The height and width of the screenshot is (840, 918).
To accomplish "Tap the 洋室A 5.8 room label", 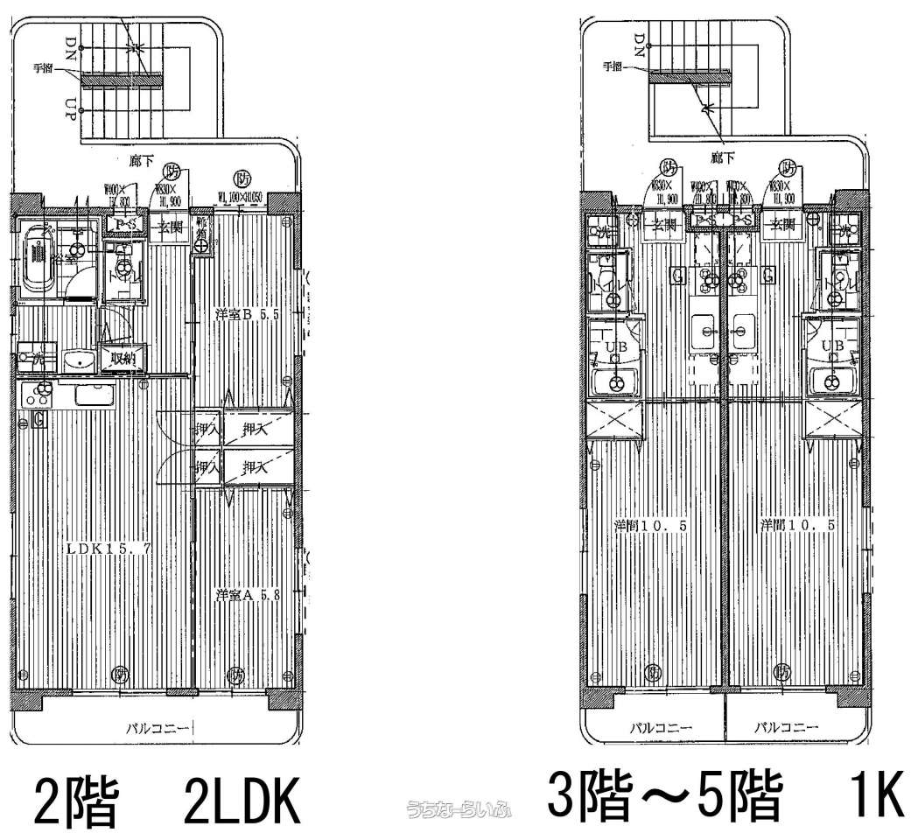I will pyautogui.click(x=247, y=595).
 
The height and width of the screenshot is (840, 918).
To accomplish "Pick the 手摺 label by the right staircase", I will pyautogui.click(x=613, y=66).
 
